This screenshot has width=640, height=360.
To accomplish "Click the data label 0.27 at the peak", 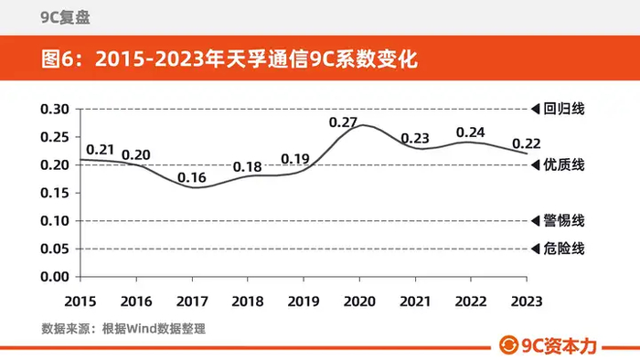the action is pos(343,122).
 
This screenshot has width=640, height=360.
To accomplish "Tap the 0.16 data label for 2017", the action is pos(192,177).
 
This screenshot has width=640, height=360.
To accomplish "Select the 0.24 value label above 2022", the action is pos(470,132).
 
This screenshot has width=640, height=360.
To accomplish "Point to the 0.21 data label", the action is pos(100,150).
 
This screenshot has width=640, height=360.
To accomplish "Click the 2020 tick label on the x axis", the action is pos(359,302).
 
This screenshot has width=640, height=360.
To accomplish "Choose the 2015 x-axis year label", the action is pos(80,302).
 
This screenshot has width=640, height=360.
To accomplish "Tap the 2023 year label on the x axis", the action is pos(527,302).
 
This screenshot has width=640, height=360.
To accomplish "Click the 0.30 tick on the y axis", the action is pos(55,110).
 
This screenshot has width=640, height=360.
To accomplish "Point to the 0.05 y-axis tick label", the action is pos(55,249).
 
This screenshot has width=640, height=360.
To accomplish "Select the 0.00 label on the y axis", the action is pos(55,277).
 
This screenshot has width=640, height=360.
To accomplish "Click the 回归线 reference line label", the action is pos(564,109).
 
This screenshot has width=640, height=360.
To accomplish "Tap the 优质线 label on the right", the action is pos(564,164).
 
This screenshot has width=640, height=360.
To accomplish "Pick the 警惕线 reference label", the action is pos(564,220).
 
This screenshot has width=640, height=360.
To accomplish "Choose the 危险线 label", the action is pos(564,249).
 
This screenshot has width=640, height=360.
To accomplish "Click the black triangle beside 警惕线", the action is pos(536,221).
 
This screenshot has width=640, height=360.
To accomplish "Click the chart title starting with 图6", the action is pos(229,58).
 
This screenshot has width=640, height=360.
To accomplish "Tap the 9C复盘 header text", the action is pos(65,17).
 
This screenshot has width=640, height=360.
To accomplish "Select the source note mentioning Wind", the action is pos(123,329).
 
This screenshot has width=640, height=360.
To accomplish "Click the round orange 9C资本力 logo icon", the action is pos(508,345).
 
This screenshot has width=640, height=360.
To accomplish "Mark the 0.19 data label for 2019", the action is pos(295,159).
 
